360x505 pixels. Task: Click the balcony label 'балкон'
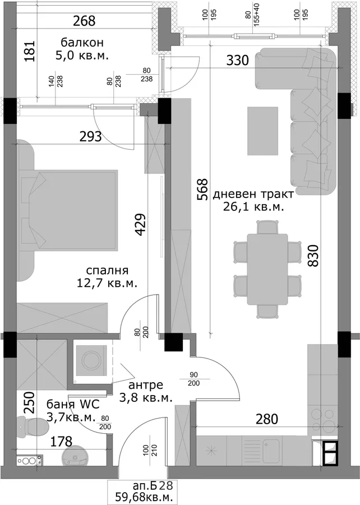click(82, 43)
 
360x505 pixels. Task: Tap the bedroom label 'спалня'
click(107, 270)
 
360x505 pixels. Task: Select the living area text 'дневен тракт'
click(253, 194)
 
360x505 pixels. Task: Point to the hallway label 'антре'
click(146, 385)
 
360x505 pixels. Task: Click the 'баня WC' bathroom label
click(73, 404)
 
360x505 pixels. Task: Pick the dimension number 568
click(203, 190)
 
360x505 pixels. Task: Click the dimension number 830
click(313, 256)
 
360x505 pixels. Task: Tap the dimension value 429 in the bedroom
click(141, 224)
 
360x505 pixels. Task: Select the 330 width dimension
click(237, 60)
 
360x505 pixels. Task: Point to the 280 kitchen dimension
click(267, 419)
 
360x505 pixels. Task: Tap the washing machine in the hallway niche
click(91, 360)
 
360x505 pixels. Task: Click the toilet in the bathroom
click(32, 427)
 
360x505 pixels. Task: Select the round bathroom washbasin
click(75, 456)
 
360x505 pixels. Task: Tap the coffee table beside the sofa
click(262, 131)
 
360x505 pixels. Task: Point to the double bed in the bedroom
click(67, 210)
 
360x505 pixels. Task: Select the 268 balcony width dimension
click(84, 21)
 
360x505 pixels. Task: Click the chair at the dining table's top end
click(267, 227)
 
